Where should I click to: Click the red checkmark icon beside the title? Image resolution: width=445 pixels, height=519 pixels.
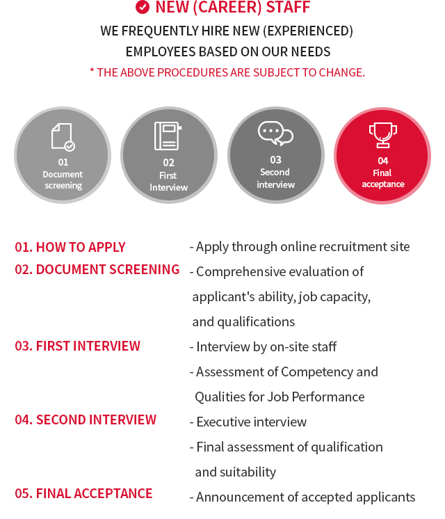click(143, 7)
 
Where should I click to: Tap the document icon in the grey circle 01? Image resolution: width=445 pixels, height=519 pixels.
click(63, 136)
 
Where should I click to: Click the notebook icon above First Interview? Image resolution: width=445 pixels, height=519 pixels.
click(168, 136)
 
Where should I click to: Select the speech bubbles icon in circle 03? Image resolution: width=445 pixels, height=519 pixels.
click(275, 133)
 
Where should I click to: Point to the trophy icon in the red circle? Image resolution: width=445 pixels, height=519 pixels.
click(383, 135)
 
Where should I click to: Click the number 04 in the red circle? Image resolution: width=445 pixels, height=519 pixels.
click(383, 161)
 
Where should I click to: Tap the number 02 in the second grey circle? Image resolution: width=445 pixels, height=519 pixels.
click(168, 163)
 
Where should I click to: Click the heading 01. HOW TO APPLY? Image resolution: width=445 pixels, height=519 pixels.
click(70, 247)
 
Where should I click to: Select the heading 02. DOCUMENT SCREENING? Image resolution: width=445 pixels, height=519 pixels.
click(97, 269)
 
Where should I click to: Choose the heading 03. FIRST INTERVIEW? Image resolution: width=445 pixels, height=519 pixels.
click(78, 346)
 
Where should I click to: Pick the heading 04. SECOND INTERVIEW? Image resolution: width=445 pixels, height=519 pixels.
click(86, 420)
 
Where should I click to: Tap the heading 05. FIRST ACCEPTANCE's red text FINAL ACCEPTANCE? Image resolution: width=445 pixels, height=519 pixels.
click(94, 493)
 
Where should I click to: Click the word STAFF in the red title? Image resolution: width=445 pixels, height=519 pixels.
click(288, 7)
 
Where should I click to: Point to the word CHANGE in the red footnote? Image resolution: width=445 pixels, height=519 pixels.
click(341, 72)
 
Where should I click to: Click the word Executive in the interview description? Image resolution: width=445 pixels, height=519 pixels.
click(223, 422)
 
